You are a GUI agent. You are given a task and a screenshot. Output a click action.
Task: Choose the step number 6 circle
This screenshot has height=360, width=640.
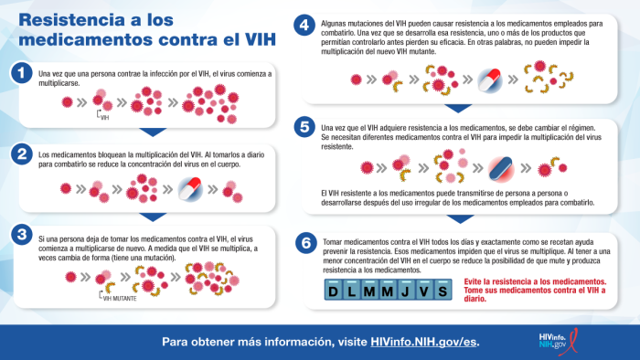tap(308, 243)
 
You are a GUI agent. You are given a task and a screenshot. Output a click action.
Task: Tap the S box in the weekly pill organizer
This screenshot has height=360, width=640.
tap(442, 291)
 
